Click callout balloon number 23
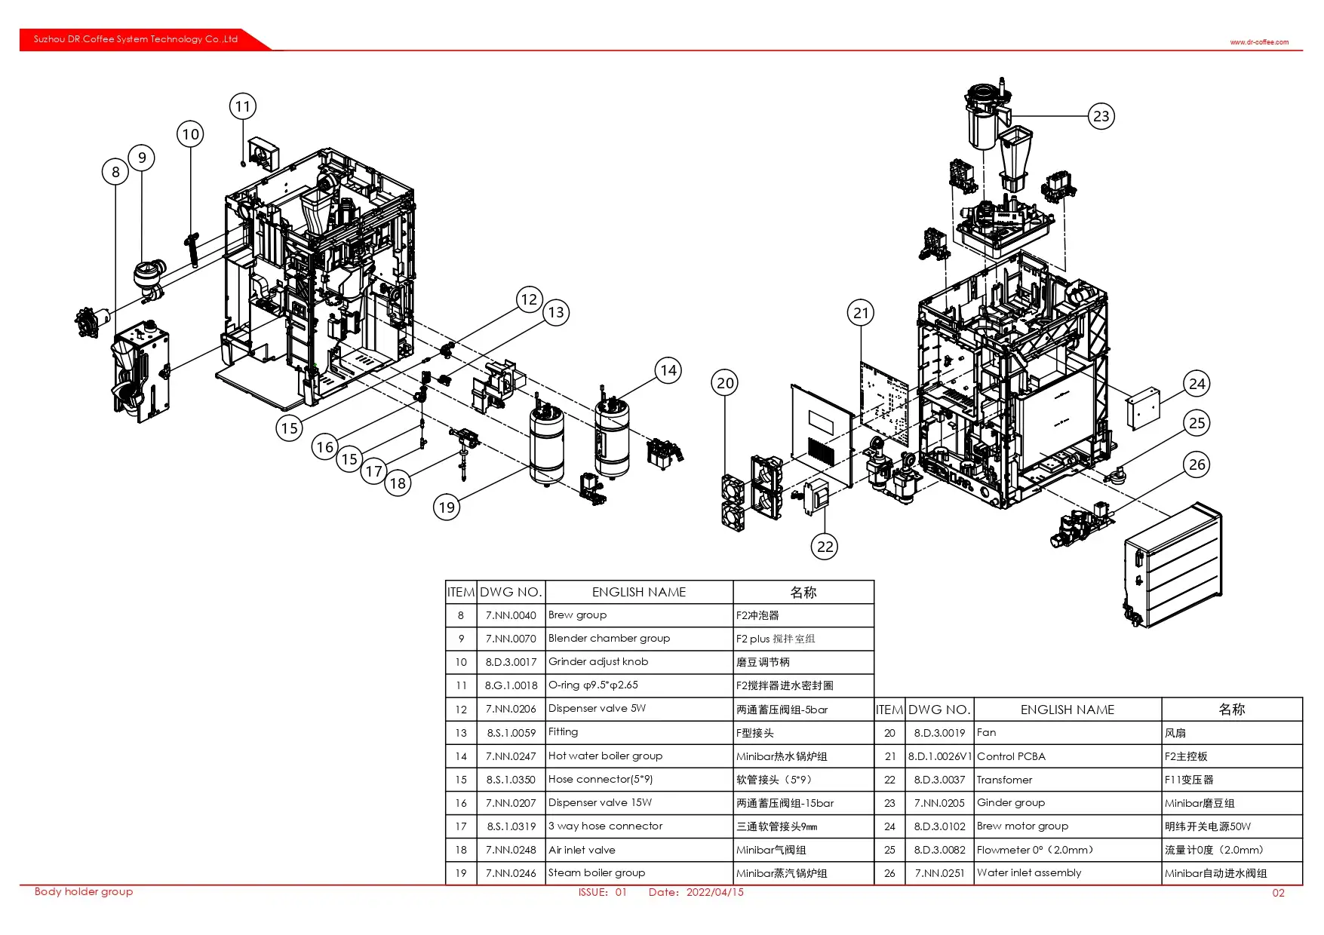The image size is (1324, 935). click(1101, 116)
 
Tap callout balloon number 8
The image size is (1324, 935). click(115, 172)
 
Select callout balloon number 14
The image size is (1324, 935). click(668, 370)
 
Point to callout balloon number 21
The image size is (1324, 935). click(861, 313)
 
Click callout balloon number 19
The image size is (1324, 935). click(447, 507)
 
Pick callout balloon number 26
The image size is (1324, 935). click(1197, 464)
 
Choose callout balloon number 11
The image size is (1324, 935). click(242, 106)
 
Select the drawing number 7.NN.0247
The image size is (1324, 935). click(511, 756)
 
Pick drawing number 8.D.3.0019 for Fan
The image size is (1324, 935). click(939, 733)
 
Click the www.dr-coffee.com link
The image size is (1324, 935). click(1259, 42)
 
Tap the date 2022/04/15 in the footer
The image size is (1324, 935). click(714, 892)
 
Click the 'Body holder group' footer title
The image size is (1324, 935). click(84, 892)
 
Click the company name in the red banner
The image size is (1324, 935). click(136, 39)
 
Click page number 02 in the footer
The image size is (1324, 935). click(1278, 893)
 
